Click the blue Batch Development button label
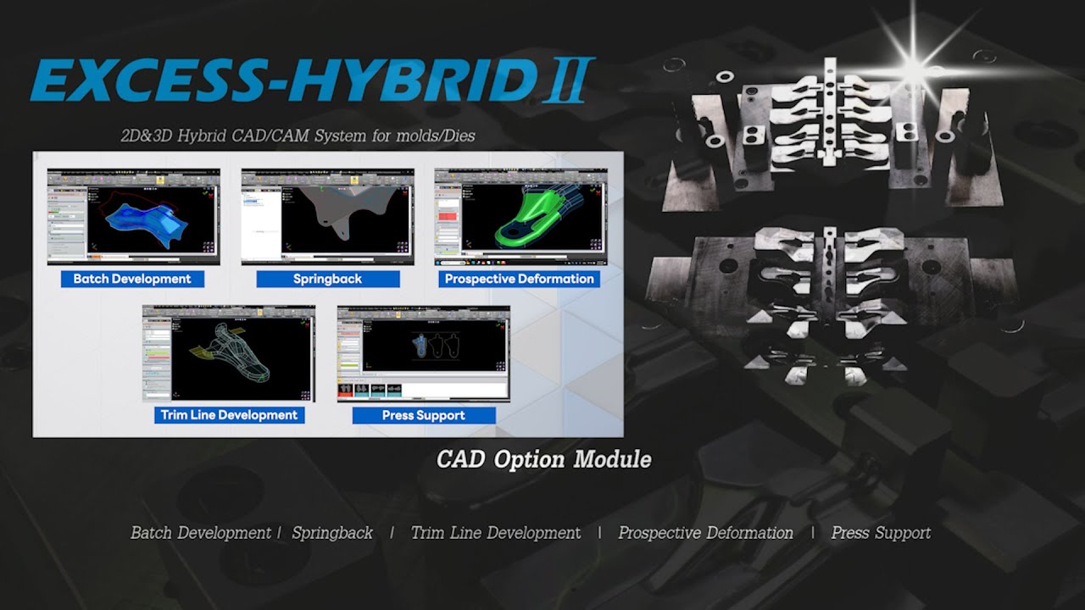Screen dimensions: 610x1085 132,279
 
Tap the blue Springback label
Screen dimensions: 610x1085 327,279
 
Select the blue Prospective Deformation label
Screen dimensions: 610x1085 519,279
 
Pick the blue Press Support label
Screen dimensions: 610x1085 423,415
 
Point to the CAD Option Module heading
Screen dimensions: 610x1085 543,459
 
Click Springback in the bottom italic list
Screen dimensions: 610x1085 332,533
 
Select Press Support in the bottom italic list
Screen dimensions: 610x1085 881,533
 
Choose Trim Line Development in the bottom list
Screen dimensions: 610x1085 496,533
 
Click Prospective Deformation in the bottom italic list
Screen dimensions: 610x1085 705,533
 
